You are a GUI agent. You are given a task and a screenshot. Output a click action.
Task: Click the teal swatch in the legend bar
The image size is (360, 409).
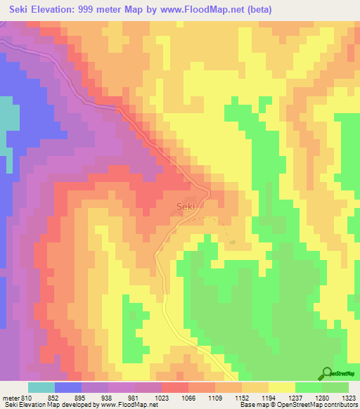41,387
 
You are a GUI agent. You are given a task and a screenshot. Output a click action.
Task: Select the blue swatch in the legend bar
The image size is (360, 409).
68,387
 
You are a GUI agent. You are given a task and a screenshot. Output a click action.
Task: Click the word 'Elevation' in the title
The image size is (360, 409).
56,10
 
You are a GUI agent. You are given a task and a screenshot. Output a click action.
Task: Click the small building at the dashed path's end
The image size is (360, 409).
232,242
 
